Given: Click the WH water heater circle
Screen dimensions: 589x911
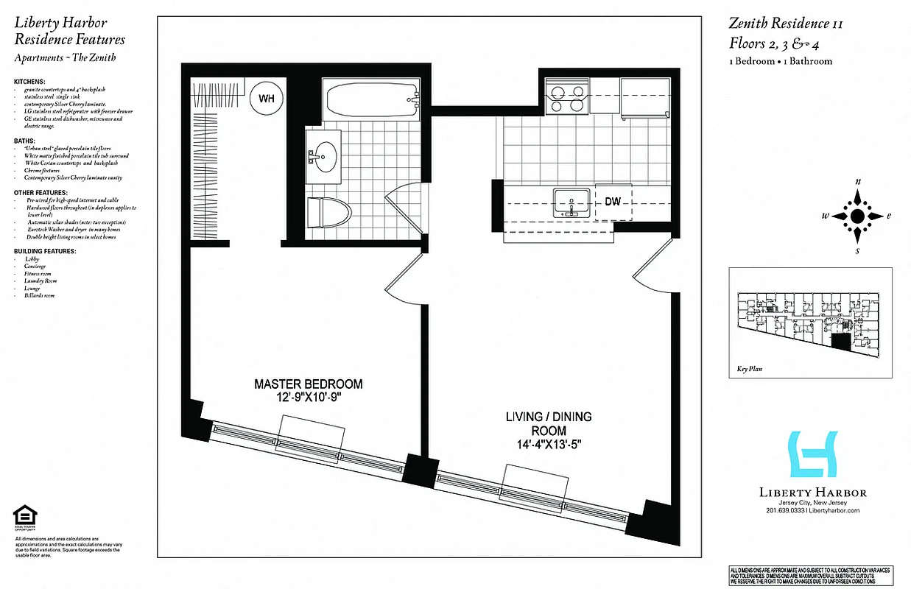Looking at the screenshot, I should [x=267, y=98].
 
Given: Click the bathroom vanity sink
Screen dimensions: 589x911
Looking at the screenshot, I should [x=323, y=157].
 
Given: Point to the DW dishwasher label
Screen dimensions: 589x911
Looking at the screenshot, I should [x=613, y=201].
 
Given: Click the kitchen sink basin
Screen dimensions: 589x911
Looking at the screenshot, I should [x=571, y=201].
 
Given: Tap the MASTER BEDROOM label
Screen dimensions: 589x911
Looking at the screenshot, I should [x=308, y=384].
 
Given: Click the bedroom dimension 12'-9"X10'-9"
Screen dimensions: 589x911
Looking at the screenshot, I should [x=308, y=398].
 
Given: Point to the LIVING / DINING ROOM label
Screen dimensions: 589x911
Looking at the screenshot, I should [x=548, y=423].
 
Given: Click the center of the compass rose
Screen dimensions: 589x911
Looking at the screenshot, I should [x=857, y=216].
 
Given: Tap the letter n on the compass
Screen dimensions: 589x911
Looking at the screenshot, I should [x=857, y=181].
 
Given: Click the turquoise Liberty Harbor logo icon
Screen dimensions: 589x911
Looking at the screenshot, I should [x=812, y=454].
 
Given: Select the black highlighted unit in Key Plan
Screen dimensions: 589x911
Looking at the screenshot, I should [x=840, y=339].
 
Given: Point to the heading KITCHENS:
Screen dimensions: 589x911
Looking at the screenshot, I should [x=29, y=82].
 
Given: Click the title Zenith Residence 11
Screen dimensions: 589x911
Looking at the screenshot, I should [x=786, y=24].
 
